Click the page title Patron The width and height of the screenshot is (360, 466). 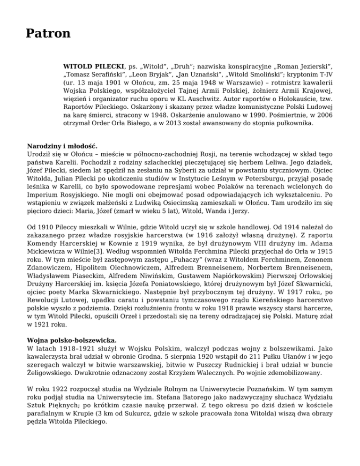[x=48, y=34]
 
